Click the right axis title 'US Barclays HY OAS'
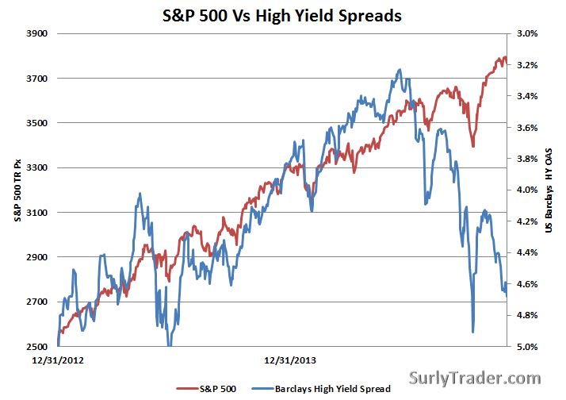[549, 190]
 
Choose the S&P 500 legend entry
[214, 388]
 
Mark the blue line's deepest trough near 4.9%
[473, 332]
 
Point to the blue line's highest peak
[398, 70]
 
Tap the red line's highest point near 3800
[501, 58]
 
